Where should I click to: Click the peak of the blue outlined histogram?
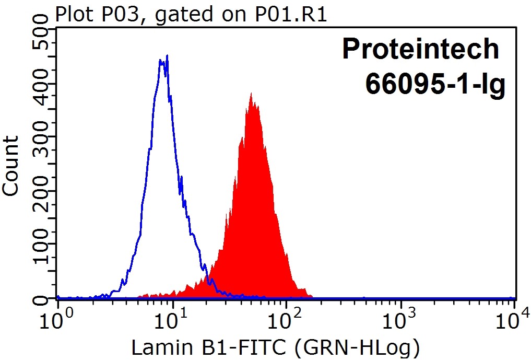click(x=167, y=56)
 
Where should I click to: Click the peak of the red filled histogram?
click(x=251, y=95)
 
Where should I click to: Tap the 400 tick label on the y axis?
click(x=41, y=83)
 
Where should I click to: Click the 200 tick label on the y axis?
click(x=41, y=191)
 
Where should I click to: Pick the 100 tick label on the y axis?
click(x=41, y=245)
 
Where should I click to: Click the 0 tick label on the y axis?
click(x=41, y=299)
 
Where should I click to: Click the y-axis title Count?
click(x=11, y=166)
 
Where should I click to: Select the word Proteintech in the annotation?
click(x=420, y=49)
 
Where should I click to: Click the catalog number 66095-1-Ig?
click(x=435, y=83)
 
